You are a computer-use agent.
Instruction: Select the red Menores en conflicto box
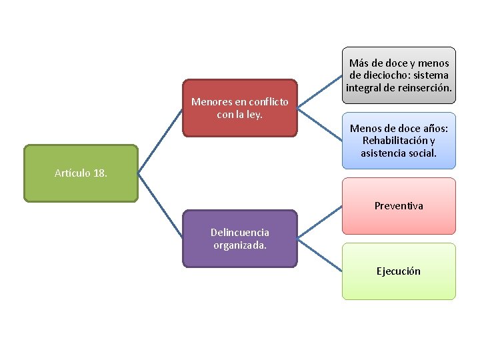pos(239,120)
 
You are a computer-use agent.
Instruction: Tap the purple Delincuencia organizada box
pos(239,250)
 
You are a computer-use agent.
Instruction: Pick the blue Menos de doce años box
pos(399,141)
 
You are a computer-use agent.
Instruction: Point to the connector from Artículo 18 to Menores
pos(160,141)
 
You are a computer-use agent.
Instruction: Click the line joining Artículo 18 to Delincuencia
pos(160,206)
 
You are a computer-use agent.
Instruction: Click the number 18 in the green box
pos(100,173)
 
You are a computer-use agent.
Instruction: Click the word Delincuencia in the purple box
pos(240,233)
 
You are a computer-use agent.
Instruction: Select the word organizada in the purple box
pos(240,245)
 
